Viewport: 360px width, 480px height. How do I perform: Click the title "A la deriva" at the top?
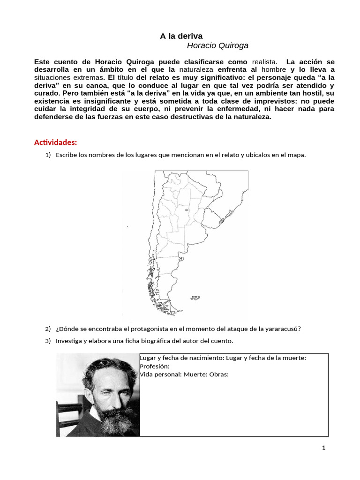pyautogui.click(x=181, y=36)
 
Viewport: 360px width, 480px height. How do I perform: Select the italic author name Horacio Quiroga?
pyautogui.click(x=217, y=45)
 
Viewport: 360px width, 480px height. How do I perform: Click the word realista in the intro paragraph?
pyautogui.click(x=264, y=62)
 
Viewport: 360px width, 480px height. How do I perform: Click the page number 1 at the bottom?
pyautogui.click(x=323, y=448)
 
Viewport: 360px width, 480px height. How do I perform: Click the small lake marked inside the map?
pyautogui.click(x=187, y=210)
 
